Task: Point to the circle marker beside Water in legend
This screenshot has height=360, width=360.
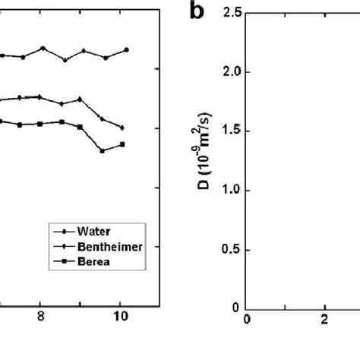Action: click(x=63, y=230)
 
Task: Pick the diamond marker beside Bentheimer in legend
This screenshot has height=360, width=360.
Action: click(x=63, y=245)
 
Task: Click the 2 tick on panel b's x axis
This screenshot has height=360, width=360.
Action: click(x=324, y=320)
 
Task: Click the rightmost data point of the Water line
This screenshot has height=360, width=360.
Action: click(x=126, y=49)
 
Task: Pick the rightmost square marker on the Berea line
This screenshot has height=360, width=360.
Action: click(x=122, y=144)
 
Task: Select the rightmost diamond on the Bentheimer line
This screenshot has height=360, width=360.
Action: click(x=122, y=128)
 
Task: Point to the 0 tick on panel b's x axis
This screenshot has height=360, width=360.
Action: click(x=246, y=320)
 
